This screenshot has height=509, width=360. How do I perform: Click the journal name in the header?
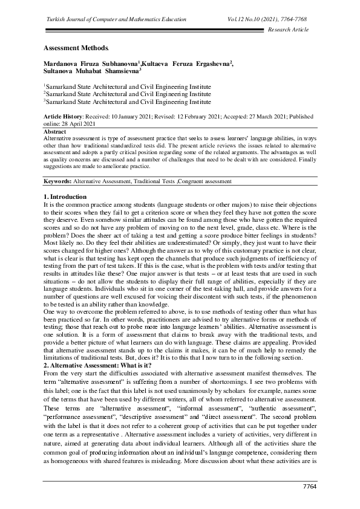[x=116, y=20]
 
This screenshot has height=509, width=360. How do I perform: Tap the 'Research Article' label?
[x=287, y=30]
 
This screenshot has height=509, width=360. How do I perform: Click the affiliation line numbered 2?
[x=126, y=94]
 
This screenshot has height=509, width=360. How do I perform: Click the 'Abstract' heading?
[x=55, y=131]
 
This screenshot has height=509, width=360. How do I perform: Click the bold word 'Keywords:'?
[x=57, y=181]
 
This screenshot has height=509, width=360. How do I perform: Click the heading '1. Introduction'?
[x=65, y=197]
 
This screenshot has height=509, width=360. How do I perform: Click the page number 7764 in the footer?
[x=309, y=487]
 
